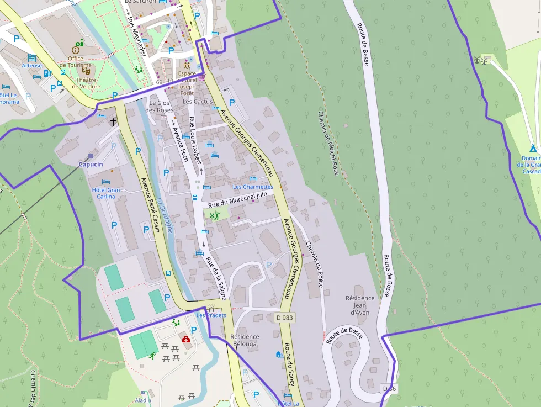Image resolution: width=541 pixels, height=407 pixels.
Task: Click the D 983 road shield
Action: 284,318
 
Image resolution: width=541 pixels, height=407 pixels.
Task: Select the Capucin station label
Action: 91,164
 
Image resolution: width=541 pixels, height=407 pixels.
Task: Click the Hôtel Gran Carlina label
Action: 105,193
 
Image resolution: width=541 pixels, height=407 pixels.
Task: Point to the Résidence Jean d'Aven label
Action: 360,305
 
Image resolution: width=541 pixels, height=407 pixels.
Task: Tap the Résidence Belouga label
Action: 245,340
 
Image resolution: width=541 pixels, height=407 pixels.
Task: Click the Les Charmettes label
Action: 253,187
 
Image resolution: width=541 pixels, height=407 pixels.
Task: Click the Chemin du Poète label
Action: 314,265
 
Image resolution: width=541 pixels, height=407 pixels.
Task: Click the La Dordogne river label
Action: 164,215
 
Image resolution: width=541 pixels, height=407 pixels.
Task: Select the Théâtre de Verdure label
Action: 86,83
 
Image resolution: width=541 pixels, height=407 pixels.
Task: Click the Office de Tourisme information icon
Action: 76,50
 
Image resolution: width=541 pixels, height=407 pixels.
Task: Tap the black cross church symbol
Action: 113,121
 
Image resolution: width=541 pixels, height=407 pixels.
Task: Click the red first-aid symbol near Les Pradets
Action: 187,340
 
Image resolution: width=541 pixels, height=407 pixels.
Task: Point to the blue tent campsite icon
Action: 533,148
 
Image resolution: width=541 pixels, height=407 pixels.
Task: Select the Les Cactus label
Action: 198,102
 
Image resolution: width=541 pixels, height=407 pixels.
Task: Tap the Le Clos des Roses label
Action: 160,107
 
